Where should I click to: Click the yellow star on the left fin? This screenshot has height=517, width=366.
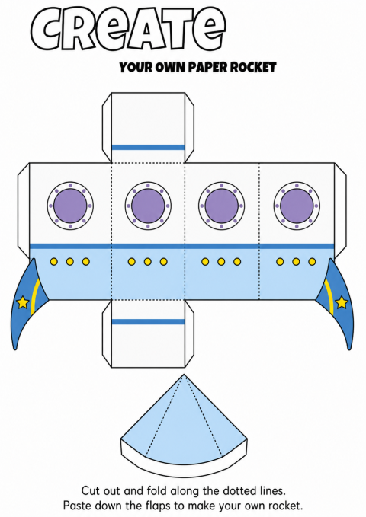22,302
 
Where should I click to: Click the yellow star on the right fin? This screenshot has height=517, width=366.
342,302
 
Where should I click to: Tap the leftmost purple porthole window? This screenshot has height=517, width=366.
70,206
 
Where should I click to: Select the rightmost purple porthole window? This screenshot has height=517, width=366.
297,206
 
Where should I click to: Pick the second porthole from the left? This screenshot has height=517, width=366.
148,206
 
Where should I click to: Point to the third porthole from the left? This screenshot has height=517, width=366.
221,206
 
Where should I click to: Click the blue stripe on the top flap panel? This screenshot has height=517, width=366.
149,148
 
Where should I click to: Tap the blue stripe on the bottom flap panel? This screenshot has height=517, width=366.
149,322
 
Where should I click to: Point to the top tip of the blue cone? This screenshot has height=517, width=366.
185,374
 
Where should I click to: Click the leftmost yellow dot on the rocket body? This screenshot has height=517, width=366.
54,262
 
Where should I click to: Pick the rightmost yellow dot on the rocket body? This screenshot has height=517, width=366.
312,262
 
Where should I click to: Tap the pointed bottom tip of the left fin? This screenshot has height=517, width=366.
14,349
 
